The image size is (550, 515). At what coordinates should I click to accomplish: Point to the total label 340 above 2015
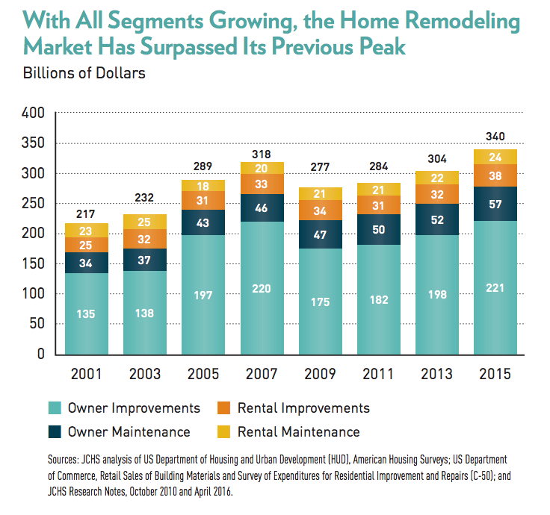[x=495, y=137]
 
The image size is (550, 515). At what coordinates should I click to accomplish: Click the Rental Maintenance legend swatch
[x=223, y=431]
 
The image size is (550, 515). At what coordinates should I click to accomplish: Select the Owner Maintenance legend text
[x=129, y=431]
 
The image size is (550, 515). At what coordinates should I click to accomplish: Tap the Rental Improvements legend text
[x=303, y=408]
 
